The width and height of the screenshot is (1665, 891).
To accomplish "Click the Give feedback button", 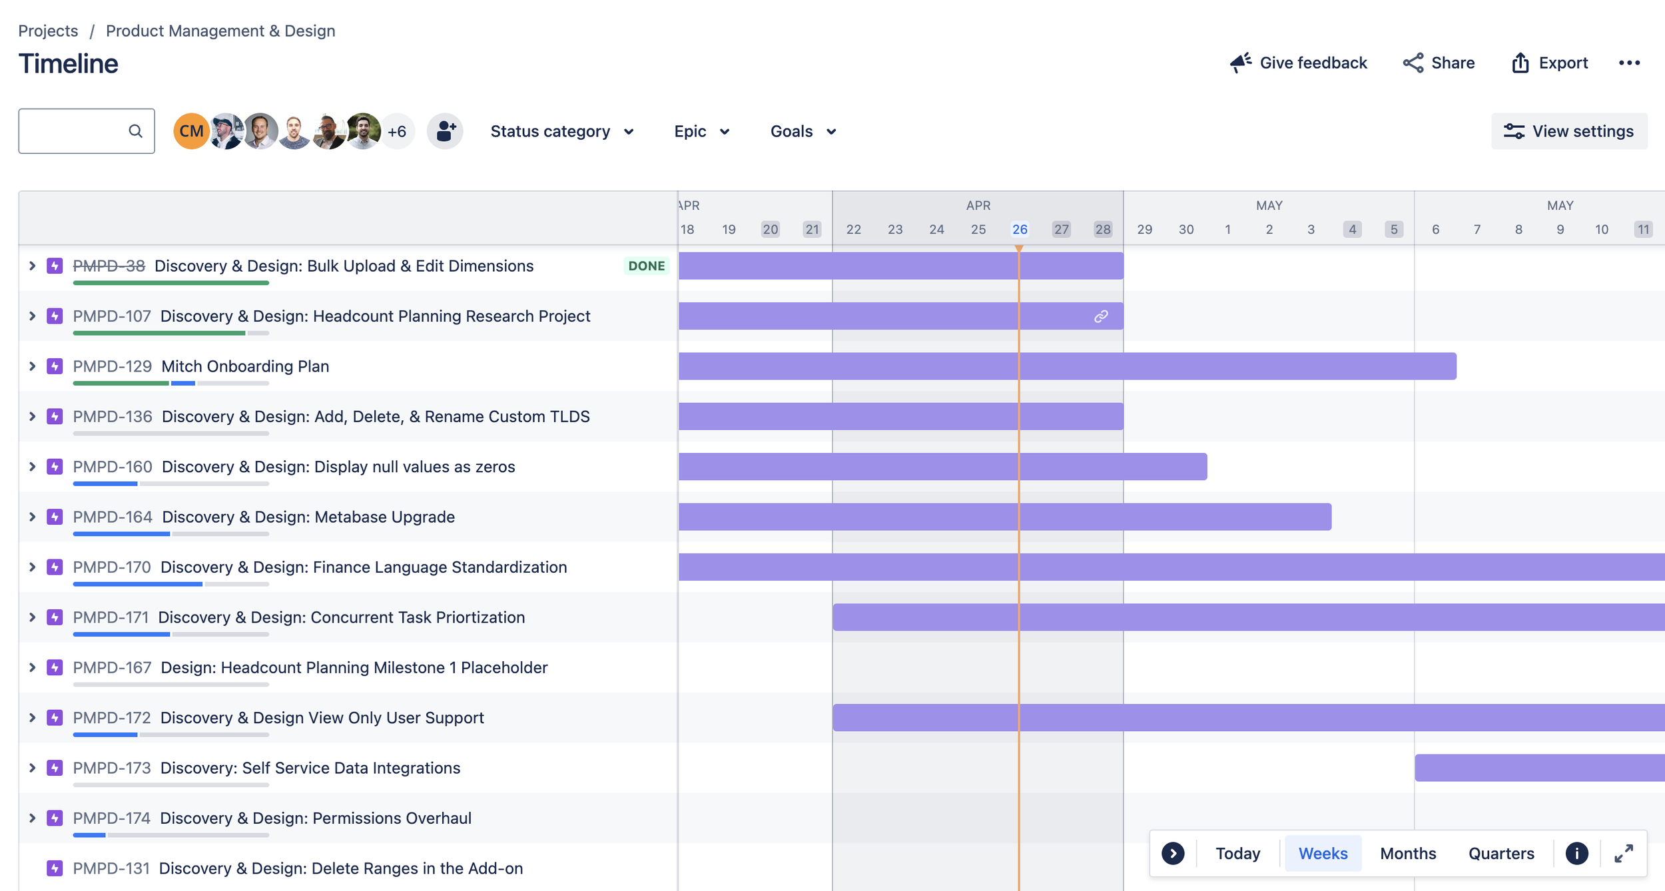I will click(1299, 63).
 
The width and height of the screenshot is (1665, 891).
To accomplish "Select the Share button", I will click(1439, 63).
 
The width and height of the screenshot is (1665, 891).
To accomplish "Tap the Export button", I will click(1550, 63).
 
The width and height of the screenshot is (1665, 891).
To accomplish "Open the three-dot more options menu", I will click(1629, 63).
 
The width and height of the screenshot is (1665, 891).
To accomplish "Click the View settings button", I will click(1569, 131).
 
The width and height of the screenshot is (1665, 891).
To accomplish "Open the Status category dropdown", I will click(561, 131).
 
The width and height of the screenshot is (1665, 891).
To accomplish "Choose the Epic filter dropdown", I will click(701, 131).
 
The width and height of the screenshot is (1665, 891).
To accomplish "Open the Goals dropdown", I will click(803, 131).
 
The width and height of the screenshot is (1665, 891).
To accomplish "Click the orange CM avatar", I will click(191, 131).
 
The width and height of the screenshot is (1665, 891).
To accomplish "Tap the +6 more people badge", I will click(398, 131).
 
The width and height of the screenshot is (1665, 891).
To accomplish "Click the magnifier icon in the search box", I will click(136, 131).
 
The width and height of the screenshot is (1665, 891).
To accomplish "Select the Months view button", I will click(1408, 853).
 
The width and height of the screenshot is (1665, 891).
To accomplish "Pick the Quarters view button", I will click(1501, 853).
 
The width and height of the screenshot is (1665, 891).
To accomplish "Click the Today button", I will click(1237, 853).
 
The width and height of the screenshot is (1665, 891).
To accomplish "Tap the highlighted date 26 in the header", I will click(1020, 229).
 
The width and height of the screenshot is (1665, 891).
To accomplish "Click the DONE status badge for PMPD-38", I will click(646, 266).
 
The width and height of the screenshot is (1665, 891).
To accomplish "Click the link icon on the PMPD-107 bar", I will click(1101, 316).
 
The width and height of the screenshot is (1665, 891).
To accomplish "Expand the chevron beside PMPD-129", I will click(32, 366).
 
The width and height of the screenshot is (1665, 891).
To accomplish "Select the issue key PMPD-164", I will click(113, 517).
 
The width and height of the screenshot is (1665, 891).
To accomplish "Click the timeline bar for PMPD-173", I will click(1538, 768).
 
